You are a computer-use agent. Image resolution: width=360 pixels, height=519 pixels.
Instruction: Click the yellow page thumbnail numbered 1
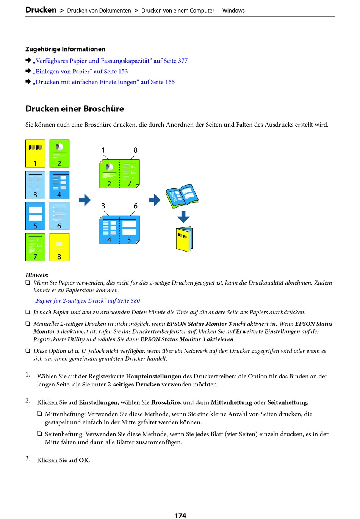(35, 154)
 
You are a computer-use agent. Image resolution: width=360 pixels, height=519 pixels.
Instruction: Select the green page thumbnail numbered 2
(59, 154)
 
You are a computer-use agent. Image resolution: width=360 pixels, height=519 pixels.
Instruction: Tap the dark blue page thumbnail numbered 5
(35, 216)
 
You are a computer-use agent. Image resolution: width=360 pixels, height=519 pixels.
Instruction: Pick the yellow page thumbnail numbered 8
(59, 247)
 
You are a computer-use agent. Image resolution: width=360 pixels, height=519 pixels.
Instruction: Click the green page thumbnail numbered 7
(35, 247)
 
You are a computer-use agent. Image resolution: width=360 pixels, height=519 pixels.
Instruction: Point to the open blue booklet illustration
(182, 196)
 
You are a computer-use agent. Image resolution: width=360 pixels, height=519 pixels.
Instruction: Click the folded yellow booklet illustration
(185, 239)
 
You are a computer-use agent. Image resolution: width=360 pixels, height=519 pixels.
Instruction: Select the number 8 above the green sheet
(135, 150)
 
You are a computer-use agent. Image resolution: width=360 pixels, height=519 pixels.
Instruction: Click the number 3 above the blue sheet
(103, 206)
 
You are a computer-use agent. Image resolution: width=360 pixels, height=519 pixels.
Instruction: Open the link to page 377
(110, 61)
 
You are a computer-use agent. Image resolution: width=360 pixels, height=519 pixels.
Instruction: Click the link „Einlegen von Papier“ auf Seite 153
(80, 71)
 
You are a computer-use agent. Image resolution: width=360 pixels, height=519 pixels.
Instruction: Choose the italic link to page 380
(86, 301)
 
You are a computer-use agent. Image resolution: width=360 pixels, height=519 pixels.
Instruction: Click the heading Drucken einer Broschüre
(75, 109)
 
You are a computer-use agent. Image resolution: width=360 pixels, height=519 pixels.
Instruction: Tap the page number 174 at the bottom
(180, 515)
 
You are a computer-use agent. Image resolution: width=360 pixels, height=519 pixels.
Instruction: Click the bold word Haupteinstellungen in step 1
(153, 376)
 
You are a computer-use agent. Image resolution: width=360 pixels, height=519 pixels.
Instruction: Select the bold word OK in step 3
(84, 460)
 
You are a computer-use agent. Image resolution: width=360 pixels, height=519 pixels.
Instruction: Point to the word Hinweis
(37, 275)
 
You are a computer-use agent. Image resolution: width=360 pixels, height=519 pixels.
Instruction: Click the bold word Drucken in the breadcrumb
(41, 10)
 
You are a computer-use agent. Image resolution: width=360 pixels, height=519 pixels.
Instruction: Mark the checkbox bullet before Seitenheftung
(39, 434)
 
